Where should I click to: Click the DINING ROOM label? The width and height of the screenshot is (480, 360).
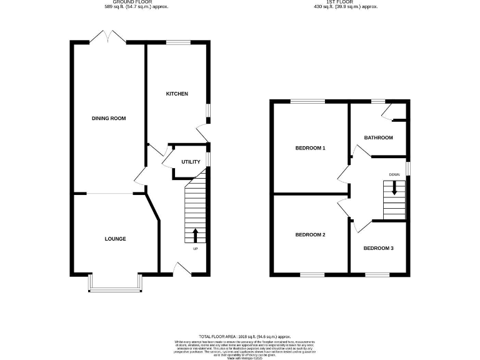coord(104,118)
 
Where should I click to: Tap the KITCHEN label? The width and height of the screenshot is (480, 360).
coord(177,94)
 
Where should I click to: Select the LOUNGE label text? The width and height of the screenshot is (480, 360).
coord(115,239)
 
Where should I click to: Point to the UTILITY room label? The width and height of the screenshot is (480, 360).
coord(191,162)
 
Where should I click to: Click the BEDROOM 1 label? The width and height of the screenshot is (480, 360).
coord(311,148)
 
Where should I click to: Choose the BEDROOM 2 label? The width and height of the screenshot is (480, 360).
coord(311,235)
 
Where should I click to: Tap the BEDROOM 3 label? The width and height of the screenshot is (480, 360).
coord(379,249)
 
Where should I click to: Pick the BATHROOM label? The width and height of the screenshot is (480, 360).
coord(379,137)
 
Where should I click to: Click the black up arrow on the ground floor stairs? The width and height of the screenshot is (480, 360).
coord(195,235)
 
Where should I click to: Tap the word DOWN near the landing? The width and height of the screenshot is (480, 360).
coord(394,174)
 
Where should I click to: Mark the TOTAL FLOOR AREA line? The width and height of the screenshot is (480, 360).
coord(245,336)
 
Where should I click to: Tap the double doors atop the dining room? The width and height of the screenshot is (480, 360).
coord(108,39)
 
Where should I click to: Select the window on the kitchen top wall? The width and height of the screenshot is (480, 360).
coord(178,42)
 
